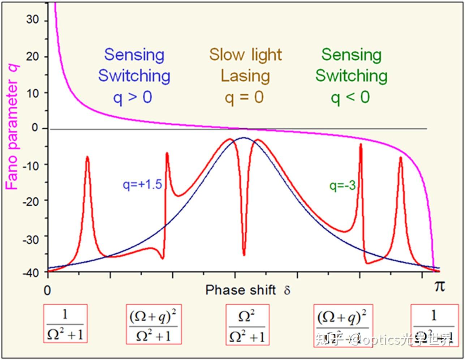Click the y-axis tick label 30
[32, 20]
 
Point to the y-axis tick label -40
[30, 273]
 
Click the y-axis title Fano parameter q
[12, 127]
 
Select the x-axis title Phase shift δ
[247, 290]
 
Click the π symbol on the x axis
[439, 286]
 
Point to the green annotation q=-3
[342, 186]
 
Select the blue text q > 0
[133, 98]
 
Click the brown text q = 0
[244, 98]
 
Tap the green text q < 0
[350, 98]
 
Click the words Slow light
[245, 55]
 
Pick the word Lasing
[245, 76]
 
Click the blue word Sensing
[134, 55]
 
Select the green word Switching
[351, 76]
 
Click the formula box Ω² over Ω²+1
[247, 324]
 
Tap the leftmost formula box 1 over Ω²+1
[65, 323]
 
